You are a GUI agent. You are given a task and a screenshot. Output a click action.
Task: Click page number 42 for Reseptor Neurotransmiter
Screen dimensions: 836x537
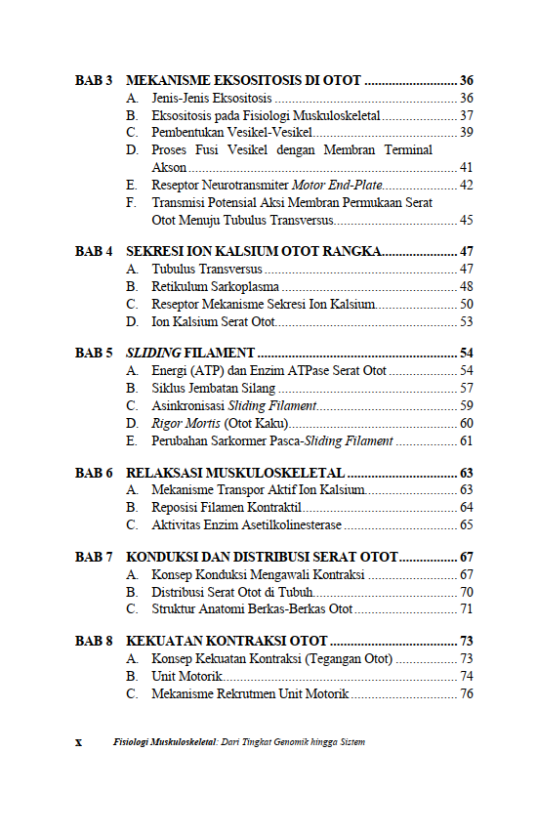(466, 185)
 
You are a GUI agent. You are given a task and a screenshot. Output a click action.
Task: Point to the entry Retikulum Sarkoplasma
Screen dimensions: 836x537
(216, 286)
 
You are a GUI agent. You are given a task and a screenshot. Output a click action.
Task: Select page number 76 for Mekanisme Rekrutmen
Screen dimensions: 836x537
(466, 693)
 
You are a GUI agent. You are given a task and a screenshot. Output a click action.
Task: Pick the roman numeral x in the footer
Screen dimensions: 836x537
(79, 742)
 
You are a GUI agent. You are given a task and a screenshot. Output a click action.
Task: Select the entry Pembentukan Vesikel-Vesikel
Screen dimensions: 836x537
(230, 133)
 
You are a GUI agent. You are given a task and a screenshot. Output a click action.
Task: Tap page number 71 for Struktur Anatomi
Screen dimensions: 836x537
(466, 608)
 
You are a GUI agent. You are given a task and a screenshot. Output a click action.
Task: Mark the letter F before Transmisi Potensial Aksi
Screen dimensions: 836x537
(131, 203)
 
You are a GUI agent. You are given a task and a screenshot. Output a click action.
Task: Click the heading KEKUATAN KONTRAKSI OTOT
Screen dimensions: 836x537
(227, 642)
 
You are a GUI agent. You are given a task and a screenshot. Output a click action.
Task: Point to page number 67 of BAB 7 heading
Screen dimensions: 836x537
(466, 558)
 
